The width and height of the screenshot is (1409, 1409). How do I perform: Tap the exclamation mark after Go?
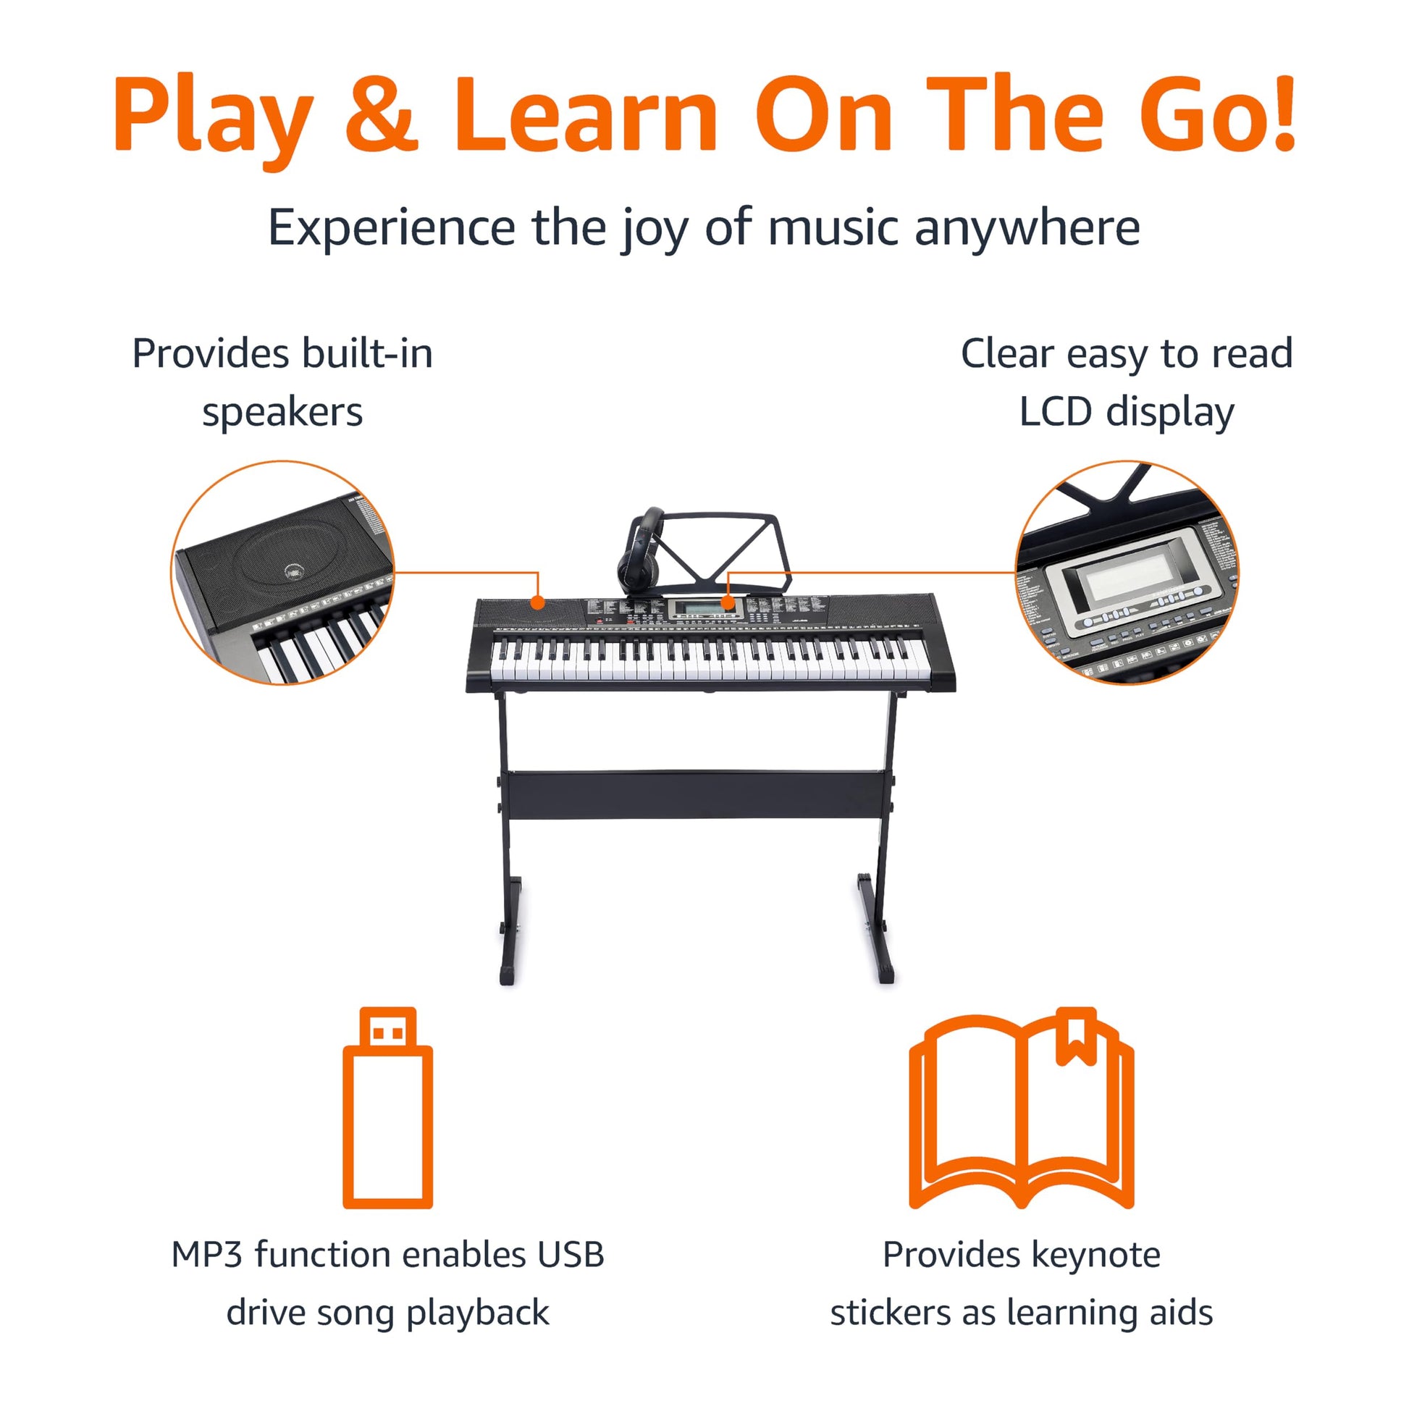point(1279,113)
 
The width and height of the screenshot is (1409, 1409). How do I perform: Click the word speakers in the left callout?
point(282,413)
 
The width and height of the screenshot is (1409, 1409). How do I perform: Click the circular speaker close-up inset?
point(282,573)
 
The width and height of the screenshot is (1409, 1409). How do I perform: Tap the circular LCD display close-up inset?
point(1127,573)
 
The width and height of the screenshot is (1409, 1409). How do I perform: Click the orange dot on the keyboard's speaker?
point(537,602)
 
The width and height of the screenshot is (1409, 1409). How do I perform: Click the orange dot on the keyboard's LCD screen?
point(727,602)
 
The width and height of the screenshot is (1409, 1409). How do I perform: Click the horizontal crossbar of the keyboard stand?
point(697,794)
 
